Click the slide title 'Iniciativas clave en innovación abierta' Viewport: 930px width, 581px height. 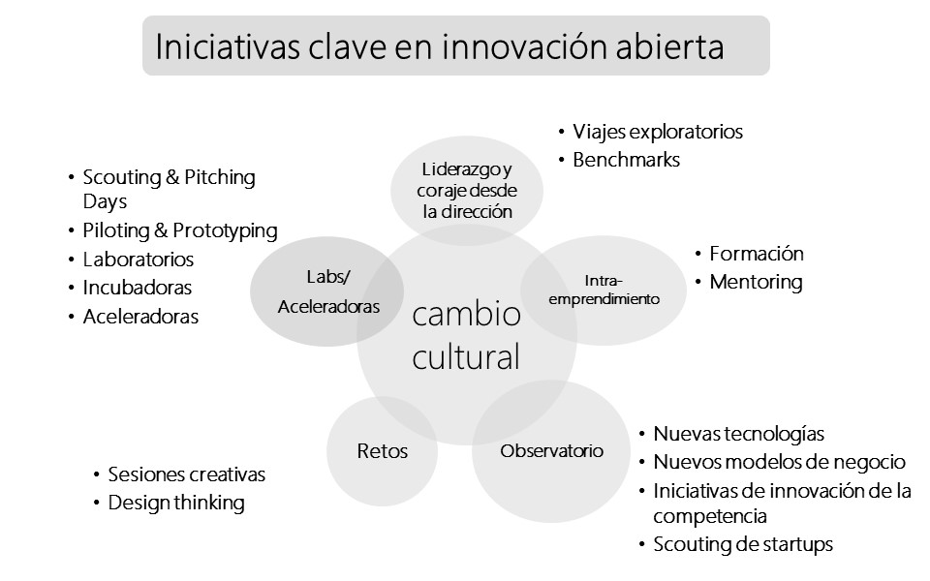pos(440,46)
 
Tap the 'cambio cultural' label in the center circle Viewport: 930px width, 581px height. pos(466,336)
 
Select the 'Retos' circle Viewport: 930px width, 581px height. pos(383,451)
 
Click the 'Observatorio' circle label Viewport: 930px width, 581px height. pos(551,451)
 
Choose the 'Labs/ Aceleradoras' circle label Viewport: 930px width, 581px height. pos(327,291)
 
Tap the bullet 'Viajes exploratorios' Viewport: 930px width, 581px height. pos(657,132)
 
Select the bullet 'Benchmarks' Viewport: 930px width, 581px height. pos(626,160)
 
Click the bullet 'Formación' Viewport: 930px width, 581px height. pos(756,254)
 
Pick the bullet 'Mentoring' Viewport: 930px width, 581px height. pos(756,283)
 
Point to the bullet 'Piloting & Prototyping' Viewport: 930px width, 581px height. pos(179,230)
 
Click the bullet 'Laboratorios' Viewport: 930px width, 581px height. pos(139,260)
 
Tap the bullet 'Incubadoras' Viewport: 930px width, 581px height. pos(137,288)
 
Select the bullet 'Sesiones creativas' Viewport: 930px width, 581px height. pos(186,474)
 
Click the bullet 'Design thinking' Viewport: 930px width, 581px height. pos(176,503)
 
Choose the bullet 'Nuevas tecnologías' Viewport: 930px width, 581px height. pos(738,434)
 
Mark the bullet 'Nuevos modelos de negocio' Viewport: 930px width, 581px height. pos(779,462)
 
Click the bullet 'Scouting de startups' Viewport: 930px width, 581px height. pos(742,544)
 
